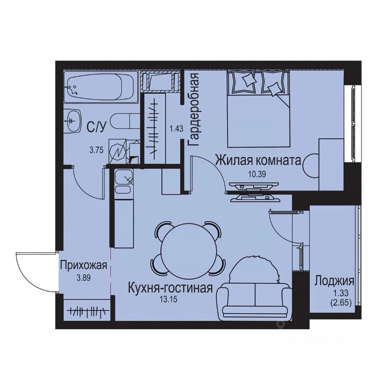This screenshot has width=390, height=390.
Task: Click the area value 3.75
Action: coord(97,149)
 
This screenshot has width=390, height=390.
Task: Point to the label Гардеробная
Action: coord(194,110)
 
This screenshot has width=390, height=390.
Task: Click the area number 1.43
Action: coord(176,129)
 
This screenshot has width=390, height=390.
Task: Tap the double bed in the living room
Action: coord(258,108)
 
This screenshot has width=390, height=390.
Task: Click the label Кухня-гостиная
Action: coord(170,288)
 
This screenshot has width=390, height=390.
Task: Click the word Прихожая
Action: coord(83,266)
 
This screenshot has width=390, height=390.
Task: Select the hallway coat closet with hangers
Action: coord(87,311)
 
